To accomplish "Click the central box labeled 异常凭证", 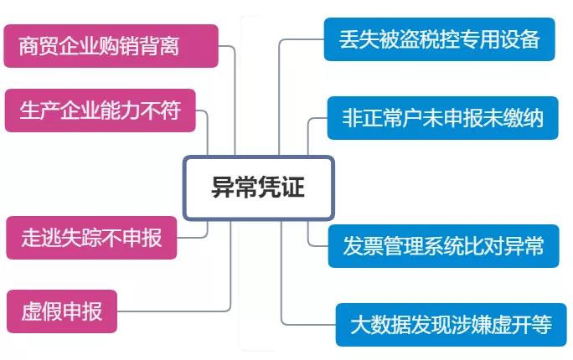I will coord(258,188).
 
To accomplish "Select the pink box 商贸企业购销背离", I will coord(111,46).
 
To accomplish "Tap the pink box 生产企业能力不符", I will coord(100,111).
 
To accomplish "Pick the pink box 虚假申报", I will coord(61,311).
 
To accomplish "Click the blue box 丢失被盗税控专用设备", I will coord(439,39).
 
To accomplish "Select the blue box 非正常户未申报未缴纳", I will coord(442,118).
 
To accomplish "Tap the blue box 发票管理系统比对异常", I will coord(442,245).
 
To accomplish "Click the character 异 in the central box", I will coord(222,188).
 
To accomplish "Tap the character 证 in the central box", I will coord(294,188).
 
